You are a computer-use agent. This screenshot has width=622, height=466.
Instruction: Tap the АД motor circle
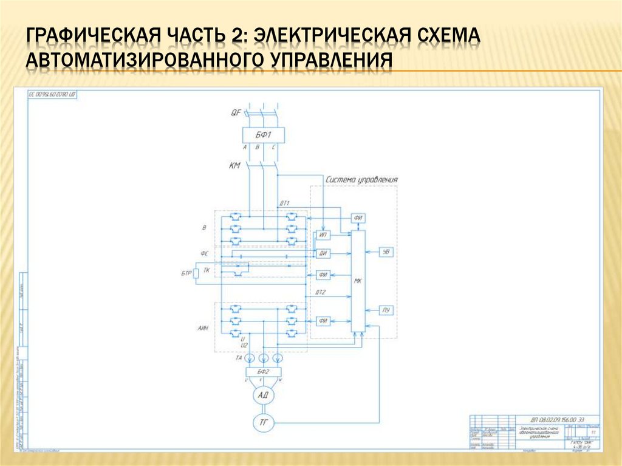(x=263, y=395)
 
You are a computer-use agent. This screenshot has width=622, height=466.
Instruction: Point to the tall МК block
(x=358, y=281)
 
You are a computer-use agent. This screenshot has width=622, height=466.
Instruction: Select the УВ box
(x=385, y=252)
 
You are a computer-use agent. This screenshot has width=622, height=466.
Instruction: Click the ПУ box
(x=385, y=310)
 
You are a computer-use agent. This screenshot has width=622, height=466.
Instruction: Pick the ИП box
(x=323, y=236)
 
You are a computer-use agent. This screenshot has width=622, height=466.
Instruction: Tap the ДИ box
(x=323, y=253)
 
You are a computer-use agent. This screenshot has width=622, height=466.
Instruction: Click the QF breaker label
(x=236, y=112)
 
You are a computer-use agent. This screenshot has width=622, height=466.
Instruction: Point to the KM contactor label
(x=235, y=165)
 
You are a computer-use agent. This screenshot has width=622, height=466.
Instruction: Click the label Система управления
(x=361, y=180)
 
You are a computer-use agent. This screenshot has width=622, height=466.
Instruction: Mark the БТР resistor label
(x=186, y=274)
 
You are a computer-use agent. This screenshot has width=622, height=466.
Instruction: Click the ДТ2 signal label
(x=321, y=293)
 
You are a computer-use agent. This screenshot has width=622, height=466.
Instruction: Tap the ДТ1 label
(x=284, y=202)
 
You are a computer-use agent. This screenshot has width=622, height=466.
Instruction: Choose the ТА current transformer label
(x=239, y=358)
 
